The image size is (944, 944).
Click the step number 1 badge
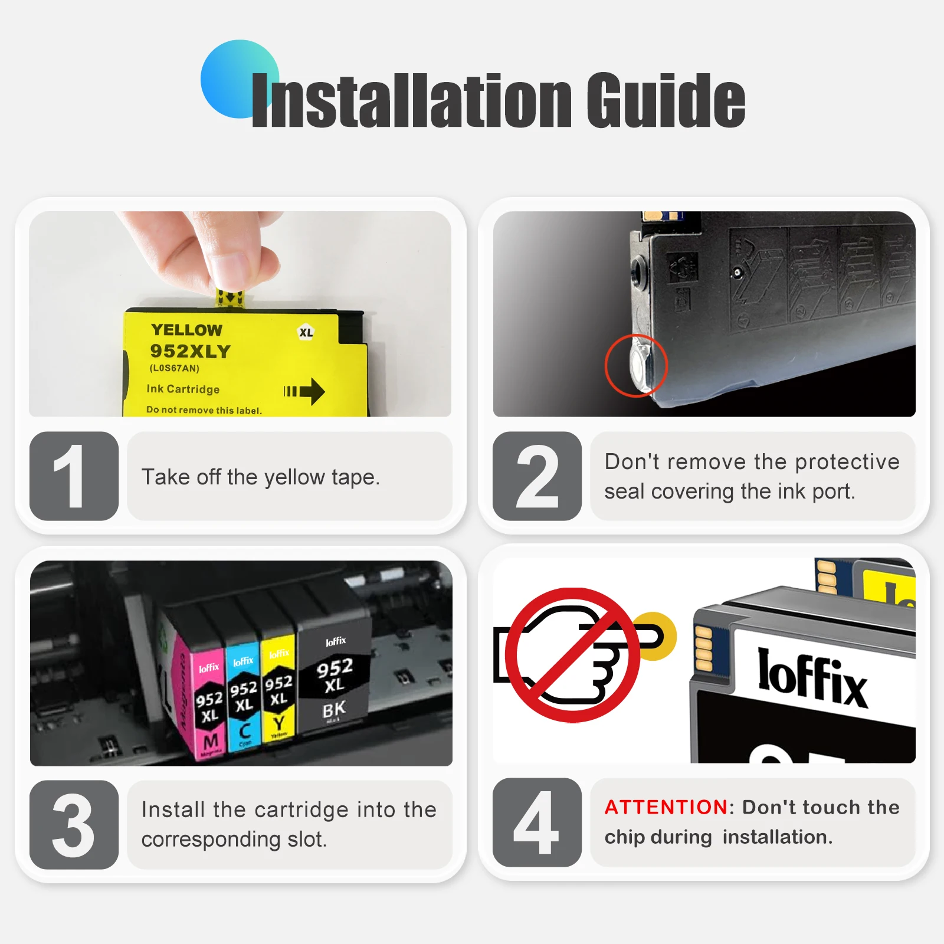74,476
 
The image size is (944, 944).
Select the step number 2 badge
537,476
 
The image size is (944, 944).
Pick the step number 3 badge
74,824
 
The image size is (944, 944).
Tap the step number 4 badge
537,822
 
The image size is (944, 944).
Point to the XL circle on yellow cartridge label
306,332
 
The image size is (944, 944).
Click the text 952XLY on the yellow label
190,351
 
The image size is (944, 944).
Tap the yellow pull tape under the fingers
230,299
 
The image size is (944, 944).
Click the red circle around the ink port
636,366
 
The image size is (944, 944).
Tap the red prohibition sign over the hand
572,655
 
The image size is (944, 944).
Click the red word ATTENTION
666,807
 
